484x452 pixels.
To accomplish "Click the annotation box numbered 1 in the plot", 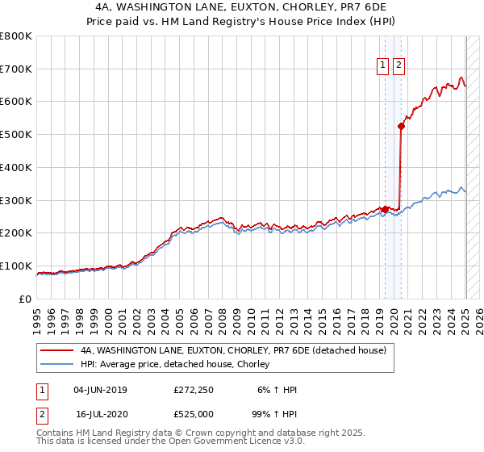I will point(383,67).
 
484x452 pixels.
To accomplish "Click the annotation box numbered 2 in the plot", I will point(398,67).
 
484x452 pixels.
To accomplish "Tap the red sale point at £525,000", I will point(401,126).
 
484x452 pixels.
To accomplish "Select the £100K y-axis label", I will point(16,266).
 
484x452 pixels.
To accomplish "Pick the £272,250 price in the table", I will point(193,390).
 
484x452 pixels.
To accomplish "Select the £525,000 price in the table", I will point(193,413).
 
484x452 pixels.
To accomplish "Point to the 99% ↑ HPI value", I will point(275,413).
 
